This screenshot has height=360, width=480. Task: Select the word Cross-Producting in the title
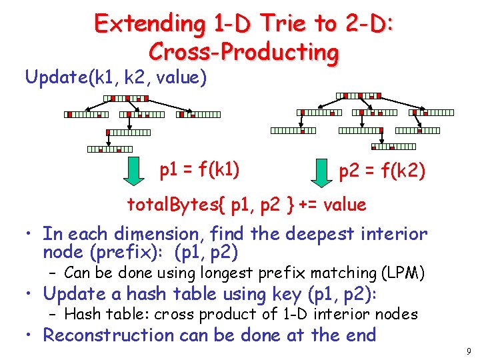pos(244,51)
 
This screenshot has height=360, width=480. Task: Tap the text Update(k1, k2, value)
pos(116,78)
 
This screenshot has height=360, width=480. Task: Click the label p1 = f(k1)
pos(199,169)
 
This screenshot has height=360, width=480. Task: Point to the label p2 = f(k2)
pos(382,173)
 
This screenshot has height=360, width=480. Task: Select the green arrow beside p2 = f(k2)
pos(319,173)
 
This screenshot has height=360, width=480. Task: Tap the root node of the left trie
pos(126,99)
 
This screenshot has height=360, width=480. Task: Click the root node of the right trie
pos(358,96)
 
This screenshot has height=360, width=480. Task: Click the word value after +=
pos(344,205)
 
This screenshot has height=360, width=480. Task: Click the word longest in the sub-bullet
pos(217,273)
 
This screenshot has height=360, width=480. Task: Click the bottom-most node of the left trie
pos(109,149)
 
